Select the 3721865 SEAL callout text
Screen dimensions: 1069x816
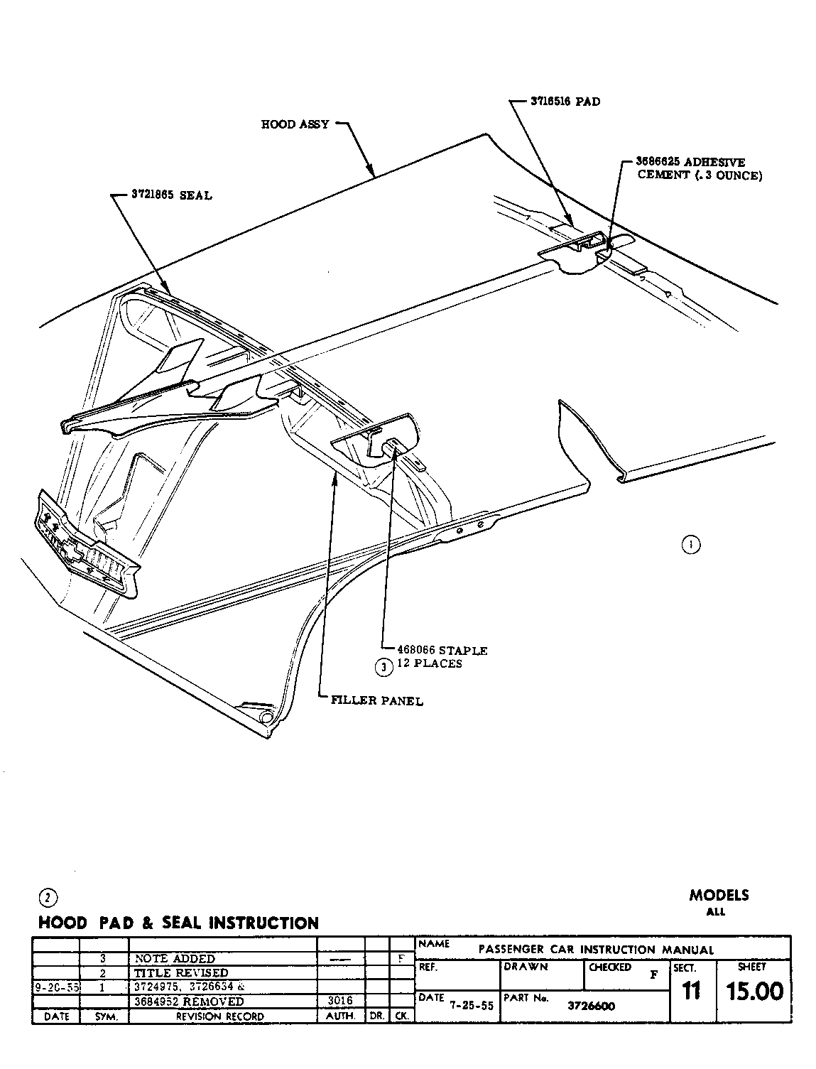pos(171,195)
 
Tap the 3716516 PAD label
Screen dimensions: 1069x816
pos(565,102)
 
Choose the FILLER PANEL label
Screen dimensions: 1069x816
pos(377,701)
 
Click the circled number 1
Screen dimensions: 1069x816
pos(690,545)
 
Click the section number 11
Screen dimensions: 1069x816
pos(690,991)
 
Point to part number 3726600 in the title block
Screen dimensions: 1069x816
pos(592,1006)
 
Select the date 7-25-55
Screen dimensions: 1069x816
pos(471,1006)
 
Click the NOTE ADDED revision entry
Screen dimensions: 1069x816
pos(175,959)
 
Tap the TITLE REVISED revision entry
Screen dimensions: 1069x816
pos(182,973)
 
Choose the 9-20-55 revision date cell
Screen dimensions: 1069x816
pos(56,987)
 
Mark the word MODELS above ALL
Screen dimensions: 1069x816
pos(719,896)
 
